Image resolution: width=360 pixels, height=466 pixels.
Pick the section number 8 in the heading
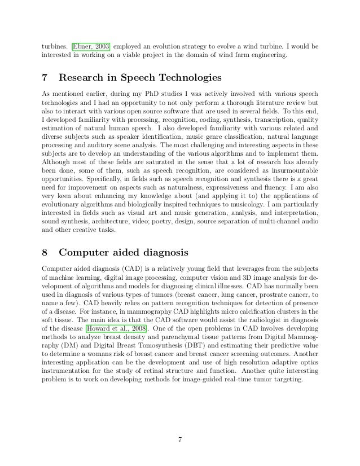pyautogui.click(x=46, y=250)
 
